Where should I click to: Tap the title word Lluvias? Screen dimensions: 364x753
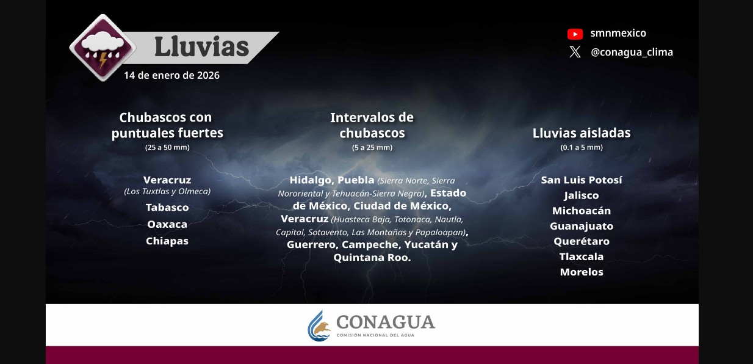point(201,46)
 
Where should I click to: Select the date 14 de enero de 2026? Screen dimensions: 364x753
point(171,76)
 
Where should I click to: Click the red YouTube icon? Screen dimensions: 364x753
point(575,34)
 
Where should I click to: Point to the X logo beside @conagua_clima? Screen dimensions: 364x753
point(575,53)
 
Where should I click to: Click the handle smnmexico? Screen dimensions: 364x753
point(618,34)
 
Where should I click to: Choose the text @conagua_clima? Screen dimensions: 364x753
point(632,53)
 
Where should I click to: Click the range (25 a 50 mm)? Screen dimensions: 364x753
point(167,148)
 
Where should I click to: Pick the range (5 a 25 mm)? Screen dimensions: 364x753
point(372,148)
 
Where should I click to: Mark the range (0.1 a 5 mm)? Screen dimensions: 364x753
point(582,148)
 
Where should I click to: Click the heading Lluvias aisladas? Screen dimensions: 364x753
point(582,133)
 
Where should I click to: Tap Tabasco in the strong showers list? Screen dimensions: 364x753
point(167,208)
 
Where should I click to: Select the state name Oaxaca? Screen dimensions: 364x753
point(167,225)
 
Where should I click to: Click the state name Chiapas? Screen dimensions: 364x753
point(167,241)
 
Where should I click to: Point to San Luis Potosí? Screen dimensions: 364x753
point(582,180)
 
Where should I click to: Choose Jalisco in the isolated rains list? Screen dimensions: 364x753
point(582,195)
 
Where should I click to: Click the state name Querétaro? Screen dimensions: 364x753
point(582,241)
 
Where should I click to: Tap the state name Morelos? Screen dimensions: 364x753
point(582,272)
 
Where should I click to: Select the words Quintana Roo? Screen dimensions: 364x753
point(372,258)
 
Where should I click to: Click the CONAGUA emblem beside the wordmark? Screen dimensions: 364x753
point(319,326)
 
